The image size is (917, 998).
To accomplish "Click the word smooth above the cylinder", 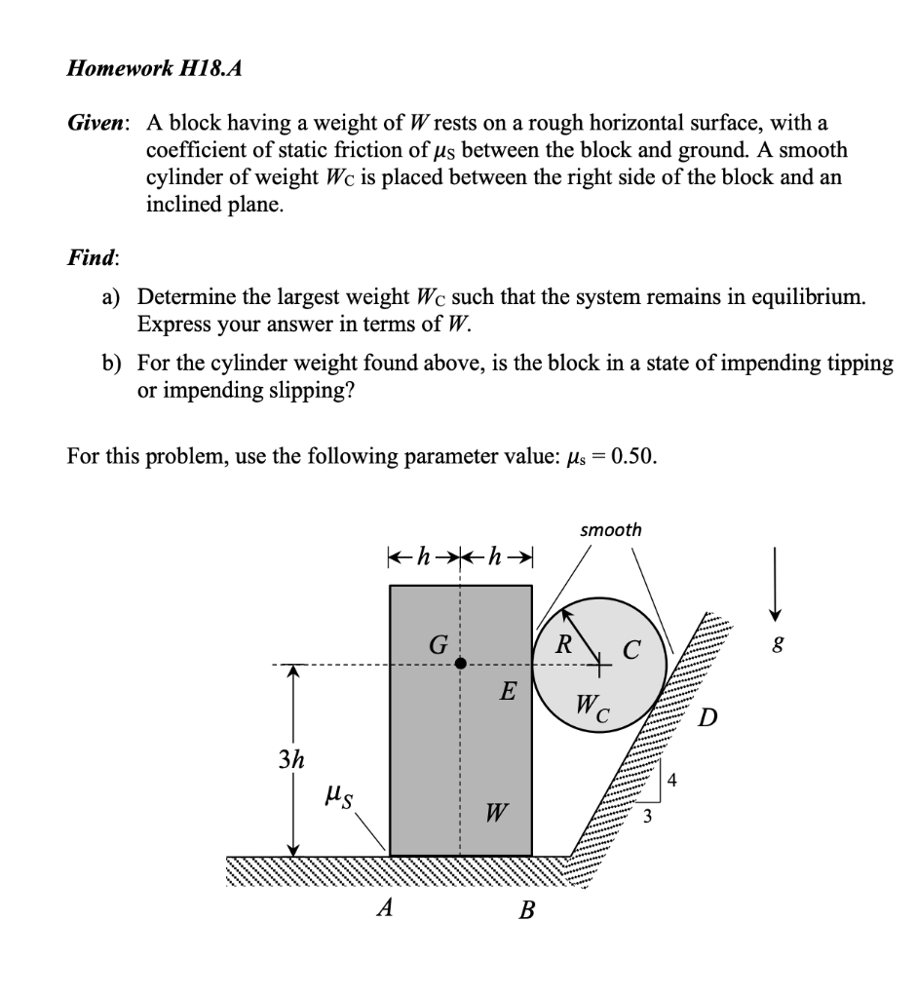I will click(611, 530).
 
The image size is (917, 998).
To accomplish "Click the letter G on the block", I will click(439, 645).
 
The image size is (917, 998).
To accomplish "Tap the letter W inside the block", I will click(496, 812).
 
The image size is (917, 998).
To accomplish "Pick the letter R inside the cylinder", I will click(562, 643).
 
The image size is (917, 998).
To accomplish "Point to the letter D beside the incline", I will click(708, 719).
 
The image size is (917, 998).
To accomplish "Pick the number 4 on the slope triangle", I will click(672, 780).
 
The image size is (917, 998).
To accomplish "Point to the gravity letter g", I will click(777, 644).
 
